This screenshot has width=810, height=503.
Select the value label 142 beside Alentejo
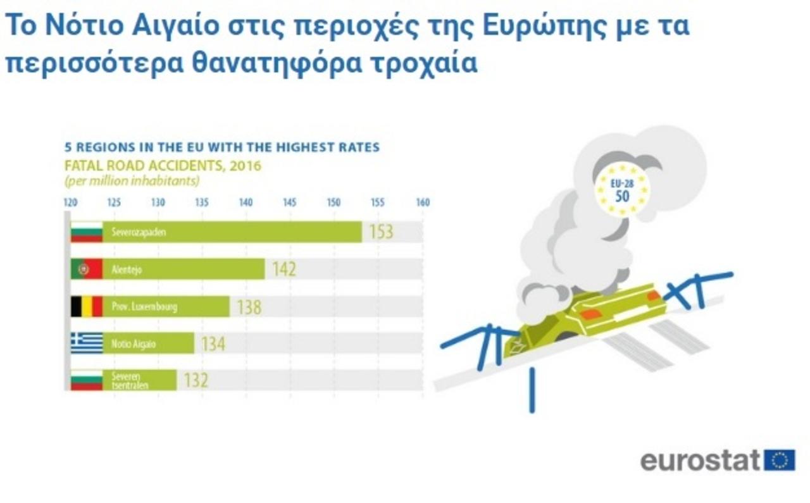coord(284,270)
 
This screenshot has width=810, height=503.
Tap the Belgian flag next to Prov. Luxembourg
coord(87,307)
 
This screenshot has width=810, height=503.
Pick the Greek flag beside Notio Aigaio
coord(87,343)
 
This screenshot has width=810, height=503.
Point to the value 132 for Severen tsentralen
coord(196,380)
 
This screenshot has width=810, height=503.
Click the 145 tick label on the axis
coord(290,202)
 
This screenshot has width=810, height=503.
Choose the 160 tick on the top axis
coord(423,202)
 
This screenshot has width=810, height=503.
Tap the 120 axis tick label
coord(70,202)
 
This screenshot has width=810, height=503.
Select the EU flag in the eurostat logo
coord(780,461)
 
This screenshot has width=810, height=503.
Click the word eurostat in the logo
coord(701,461)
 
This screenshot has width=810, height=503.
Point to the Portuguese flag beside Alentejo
coord(87,269)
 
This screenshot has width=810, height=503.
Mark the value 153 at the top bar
coord(381,232)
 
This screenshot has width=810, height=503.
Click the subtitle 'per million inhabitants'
coord(132,181)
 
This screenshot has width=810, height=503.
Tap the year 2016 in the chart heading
coord(245,166)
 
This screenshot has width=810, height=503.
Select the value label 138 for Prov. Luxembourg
coord(249,307)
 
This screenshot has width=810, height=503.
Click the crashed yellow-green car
coord(584,320)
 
